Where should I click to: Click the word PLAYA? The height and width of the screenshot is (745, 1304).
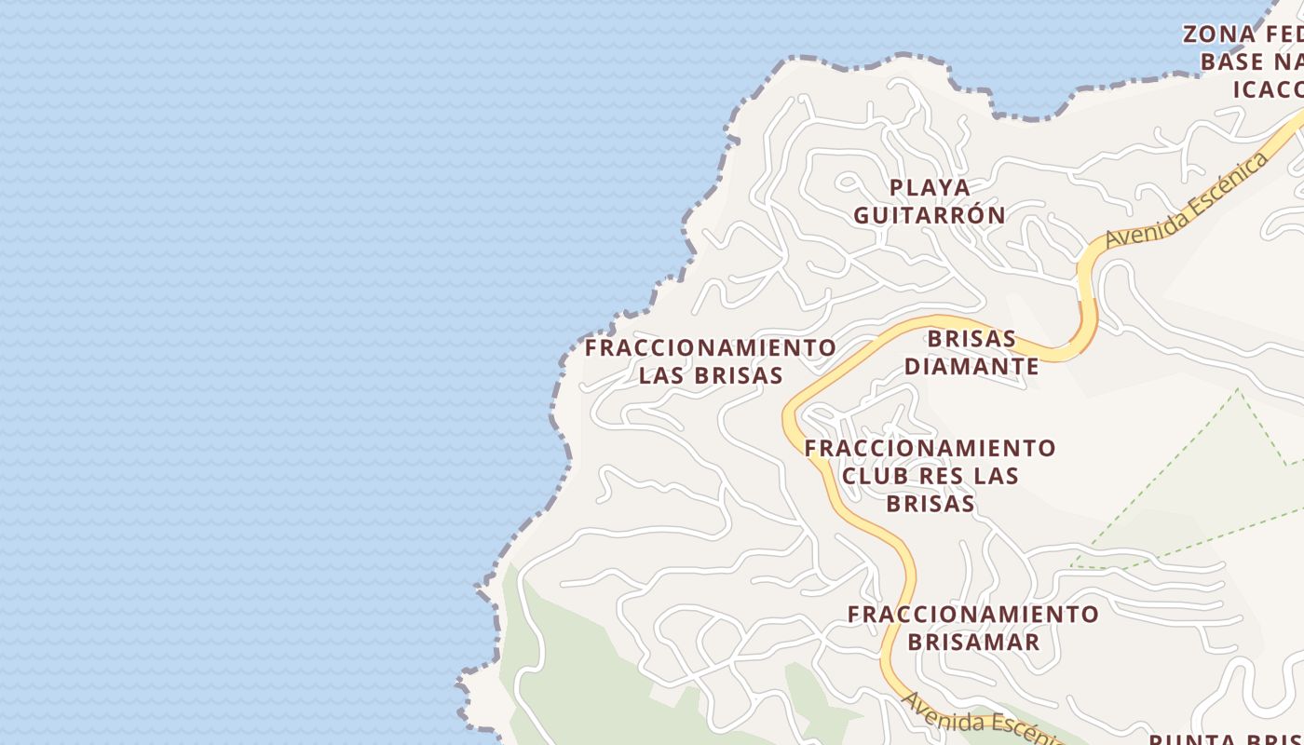[x=929, y=187]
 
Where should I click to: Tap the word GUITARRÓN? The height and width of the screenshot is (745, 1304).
[x=929, y=216]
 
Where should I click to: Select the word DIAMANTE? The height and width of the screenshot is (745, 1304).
[x=971, y=367]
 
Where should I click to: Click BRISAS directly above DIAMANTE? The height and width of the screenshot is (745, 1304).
[x=971, y=338]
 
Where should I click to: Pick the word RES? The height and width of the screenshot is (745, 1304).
[x=943, y=476]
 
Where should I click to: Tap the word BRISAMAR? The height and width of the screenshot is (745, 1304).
[x=973, y=643]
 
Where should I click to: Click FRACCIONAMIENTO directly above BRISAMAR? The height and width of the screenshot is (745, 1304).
[x=973, y=615]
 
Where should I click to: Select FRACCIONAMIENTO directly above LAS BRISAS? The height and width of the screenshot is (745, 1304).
[x=710, y=348]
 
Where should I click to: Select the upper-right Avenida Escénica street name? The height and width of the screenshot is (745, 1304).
[x=1187, y=201]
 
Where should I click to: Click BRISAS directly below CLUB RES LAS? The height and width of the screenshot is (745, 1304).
[x=930, y=504]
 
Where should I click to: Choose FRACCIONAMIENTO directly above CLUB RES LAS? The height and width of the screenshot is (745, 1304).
[x=930, y=448]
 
